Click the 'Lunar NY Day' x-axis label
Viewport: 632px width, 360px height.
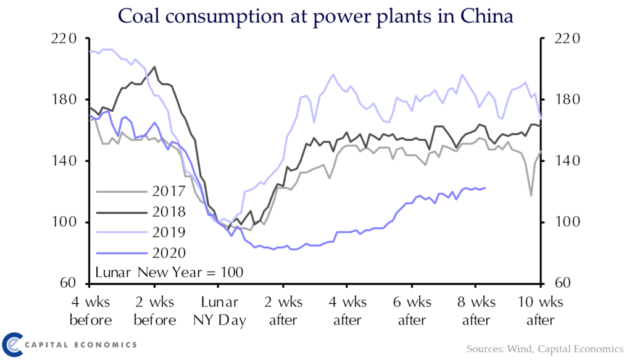pyautogui.click(x=218, y=311)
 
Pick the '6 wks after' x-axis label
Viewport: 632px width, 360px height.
pyautogui.click(x=412, y=311)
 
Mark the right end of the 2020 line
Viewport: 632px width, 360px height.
pyautogui.click(x=486, y=188)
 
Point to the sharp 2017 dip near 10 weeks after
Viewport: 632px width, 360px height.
pyautogui.click(x=531, y=196)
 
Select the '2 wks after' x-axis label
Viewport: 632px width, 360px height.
pyautogui.click(x=283, y=311)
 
